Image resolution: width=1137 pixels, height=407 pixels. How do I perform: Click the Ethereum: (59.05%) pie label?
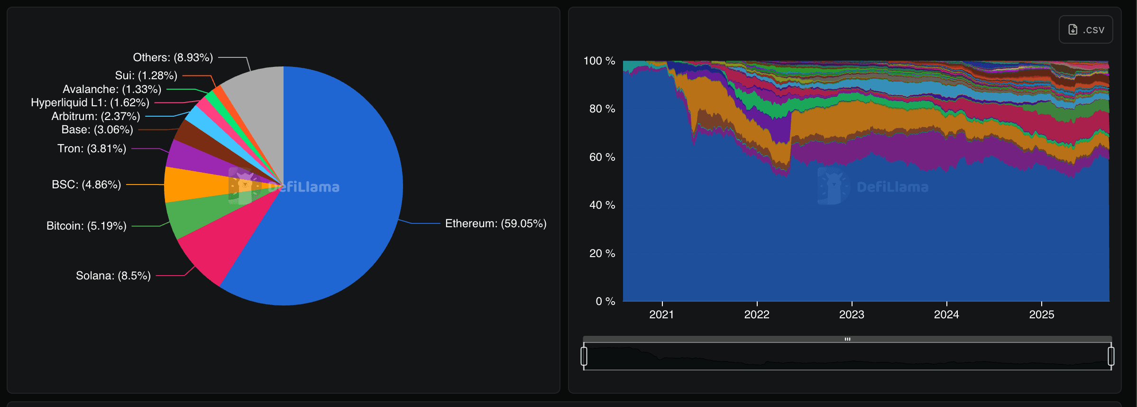[495, 223]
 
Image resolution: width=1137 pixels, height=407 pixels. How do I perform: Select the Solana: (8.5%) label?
[113, 276]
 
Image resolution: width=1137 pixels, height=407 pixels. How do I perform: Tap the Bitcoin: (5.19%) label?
[86, 226]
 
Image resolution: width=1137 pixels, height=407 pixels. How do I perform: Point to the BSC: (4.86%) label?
[86, 185]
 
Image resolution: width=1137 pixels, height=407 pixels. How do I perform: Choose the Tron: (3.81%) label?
[92, 148]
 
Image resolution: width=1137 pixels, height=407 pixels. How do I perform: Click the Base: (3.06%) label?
[97, 129]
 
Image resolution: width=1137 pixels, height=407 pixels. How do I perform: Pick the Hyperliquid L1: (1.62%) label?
[90, 102]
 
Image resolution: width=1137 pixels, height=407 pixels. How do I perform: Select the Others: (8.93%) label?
[173, 57]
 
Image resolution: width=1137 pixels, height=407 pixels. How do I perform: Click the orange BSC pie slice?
[190, 185]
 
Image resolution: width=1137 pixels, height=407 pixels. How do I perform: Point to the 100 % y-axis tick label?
[599, 61]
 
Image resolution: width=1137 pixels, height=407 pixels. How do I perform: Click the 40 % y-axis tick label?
[602, 205]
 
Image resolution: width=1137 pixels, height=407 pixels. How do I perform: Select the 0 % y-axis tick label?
[605, 301]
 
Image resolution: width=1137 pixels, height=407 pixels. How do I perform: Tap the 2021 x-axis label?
[661, 314]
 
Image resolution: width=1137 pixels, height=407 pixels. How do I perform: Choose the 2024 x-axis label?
[946, 314]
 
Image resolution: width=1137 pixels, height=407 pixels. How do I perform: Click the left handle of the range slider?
[584, 356]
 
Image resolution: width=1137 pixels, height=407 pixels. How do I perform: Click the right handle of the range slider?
[1111, 356]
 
